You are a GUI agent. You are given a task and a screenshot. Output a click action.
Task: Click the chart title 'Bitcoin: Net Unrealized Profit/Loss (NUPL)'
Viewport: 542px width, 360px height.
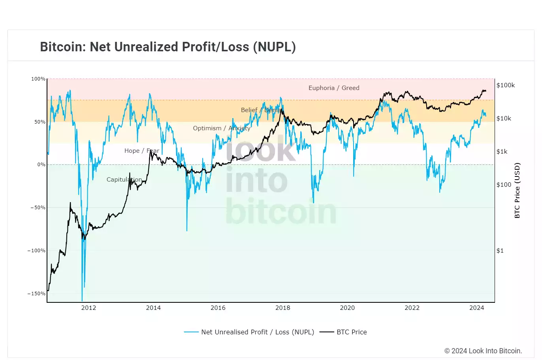(x=168, y=47)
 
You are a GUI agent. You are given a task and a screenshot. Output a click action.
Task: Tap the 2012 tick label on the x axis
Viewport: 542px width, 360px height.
(x=88, y=308)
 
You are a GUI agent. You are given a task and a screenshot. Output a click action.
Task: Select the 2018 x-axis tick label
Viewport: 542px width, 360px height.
(x=282, y=308)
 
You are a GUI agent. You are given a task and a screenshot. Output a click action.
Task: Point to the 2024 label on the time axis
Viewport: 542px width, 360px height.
(x=476, y=308)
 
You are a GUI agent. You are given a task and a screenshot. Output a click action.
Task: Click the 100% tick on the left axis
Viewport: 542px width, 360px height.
(x=38, y=79)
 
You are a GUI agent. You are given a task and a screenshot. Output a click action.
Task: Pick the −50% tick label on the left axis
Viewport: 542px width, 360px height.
(x=38, y=208)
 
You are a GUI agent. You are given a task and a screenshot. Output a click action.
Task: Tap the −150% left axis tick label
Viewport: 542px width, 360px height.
(x=36, y=294)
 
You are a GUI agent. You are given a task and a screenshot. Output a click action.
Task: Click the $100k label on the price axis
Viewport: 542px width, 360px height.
(x=506, y=85)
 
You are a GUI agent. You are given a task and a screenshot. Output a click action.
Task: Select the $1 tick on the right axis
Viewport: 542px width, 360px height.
(x=500, y=251)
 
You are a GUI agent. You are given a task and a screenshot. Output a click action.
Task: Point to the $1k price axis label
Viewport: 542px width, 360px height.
(x=502, y=152)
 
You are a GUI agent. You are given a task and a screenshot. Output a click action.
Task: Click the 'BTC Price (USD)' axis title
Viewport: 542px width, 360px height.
(x=518, y=191)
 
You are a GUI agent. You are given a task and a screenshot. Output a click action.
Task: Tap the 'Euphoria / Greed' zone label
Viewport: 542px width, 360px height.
(x=334, y=88)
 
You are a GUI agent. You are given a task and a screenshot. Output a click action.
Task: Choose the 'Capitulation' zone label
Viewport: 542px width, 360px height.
(x=124, y=180)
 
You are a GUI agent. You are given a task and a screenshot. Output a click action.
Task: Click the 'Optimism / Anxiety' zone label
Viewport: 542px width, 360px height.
(x=222, y=128)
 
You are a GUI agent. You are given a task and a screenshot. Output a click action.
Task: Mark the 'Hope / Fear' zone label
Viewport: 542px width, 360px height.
(x=141, y=151)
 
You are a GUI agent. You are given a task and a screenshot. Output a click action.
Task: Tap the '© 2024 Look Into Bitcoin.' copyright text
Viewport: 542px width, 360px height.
(x=483, y=351)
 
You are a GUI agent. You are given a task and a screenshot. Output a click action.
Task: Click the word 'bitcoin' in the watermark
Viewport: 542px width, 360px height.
(x=281, y=212)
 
